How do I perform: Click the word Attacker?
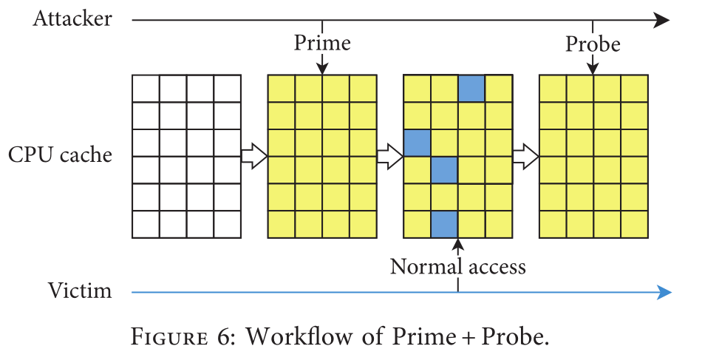[72, 18]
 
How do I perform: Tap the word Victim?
[80, 291]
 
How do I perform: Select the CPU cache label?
[61, 155]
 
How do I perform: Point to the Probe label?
[593, 44]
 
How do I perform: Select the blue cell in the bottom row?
[444, 224]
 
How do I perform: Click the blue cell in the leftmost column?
[417, 142]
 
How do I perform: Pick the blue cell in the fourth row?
[444, 169]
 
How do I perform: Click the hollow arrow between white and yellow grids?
[253, 156]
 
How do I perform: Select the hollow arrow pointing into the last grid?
[525, 156]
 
